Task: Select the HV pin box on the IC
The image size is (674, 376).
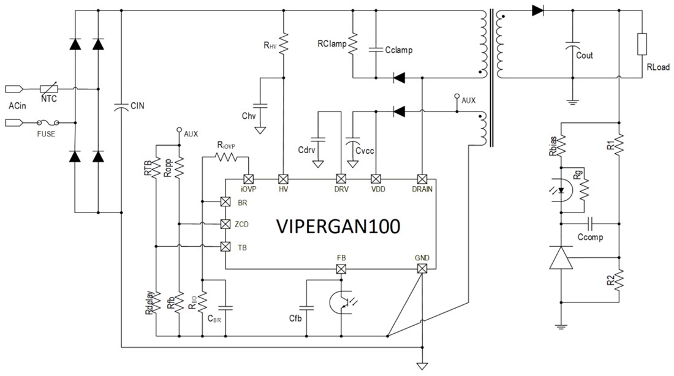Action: [x=283, y=179]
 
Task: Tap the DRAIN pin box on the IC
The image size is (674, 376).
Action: [x=422, y=179]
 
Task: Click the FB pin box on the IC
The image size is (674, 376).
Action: [x=341, y=269]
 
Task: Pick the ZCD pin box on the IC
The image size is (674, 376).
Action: [x=225, y=224]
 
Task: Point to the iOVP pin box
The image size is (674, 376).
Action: [x=248, y=179]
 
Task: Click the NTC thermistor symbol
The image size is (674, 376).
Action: [x=49, y=89]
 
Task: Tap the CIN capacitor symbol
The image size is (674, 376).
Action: [x=121, y=107]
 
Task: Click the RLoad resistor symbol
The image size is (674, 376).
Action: [x=642, y=45]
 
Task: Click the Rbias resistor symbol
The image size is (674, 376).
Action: [x=560, y=146]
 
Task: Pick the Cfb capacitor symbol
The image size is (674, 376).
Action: [x=308, y=306]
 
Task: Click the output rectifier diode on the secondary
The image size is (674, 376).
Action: [x=538, y=10]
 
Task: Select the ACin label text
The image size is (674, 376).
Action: [x=18, y=106]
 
